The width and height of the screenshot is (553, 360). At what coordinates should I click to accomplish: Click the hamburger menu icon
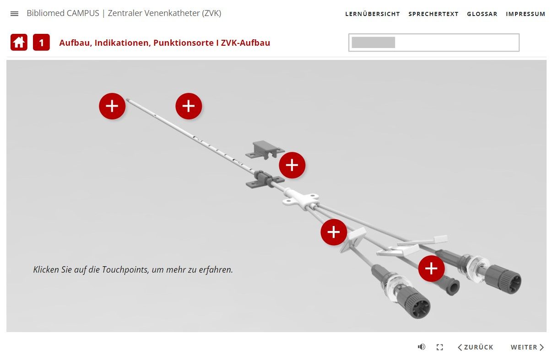point(14,14)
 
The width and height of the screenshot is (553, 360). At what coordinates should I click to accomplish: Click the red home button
point(19,43)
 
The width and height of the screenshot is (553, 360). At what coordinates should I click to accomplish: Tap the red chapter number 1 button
point(41,43)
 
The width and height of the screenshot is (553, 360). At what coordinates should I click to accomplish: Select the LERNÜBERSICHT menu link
point(372,14)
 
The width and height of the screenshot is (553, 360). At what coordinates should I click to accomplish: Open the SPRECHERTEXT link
point(433,14)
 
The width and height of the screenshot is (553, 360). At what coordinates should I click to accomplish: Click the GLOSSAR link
point(482,14)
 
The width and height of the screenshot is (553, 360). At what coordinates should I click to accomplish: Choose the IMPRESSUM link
point(526,14)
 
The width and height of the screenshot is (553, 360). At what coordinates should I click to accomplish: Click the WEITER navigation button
point(527,347)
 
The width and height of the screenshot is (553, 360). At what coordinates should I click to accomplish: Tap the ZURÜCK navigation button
point(475,347)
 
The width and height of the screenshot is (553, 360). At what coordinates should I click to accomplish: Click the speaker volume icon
point(422,347)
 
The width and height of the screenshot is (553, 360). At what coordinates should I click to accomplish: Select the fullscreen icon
point(439,347)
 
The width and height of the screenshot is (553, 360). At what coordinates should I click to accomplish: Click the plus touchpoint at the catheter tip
point(112,106)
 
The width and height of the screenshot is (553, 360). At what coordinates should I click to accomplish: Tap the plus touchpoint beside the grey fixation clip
point(292,165)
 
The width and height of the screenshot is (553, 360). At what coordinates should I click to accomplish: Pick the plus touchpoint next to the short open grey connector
point(431,269)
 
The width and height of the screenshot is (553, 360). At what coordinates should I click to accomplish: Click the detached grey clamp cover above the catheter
point(265,150)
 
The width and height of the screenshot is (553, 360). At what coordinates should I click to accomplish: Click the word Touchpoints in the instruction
point(125,270)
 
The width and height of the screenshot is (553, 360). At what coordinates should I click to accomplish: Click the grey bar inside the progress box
point(373,43)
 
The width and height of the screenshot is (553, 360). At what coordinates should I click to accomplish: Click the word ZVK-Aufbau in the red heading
point(245,43)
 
